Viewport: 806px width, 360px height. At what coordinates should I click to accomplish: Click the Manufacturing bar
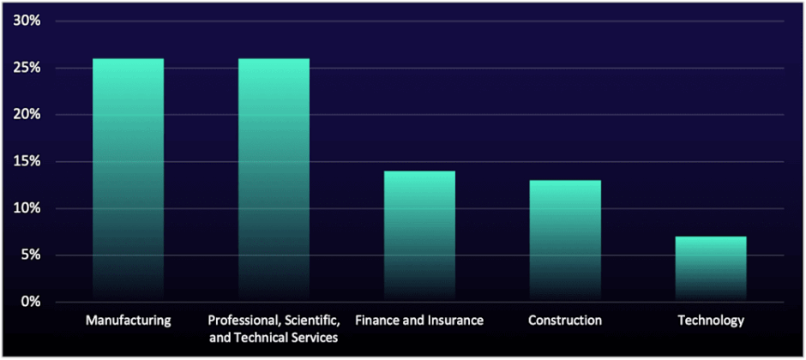point(128,180)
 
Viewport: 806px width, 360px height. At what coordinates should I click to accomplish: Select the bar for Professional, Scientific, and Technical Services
point(274,180)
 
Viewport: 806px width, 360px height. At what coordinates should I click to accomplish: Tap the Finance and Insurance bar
point(419,236)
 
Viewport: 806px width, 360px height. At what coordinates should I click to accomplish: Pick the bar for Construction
point(565,240)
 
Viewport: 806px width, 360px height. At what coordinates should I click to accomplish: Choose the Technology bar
point(711,268)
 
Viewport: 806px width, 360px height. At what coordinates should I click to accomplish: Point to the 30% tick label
point(27,21)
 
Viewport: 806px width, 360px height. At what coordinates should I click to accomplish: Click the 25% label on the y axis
point(27,68)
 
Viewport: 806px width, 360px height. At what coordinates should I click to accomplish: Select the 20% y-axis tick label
point(27,115)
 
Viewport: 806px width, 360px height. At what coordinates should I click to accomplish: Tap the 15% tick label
point(27,161)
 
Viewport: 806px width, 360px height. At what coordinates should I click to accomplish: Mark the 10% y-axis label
point(27,208)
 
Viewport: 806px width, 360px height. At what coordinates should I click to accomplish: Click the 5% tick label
point(31,255)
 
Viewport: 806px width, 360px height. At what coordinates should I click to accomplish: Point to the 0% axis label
point(31,302)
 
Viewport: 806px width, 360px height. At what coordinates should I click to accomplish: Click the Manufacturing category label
point(129,321)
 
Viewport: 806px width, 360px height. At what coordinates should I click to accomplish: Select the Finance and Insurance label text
point(419,321)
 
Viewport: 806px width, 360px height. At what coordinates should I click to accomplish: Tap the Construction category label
point(565,321)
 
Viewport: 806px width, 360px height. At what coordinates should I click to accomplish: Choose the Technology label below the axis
point(711,321)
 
